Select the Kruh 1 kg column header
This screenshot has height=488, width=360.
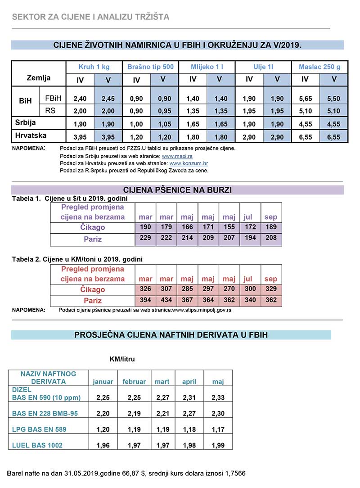coord(94,67)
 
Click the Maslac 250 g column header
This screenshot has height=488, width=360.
coord(319,67)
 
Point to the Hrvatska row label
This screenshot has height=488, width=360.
coord(31,135)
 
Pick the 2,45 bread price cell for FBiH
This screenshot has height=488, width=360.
coord(108,99)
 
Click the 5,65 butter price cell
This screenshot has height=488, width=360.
coord(305,99)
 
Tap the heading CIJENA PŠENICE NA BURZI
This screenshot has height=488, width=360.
coord(177,190)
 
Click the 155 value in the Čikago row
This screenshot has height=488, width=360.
coord(229,227)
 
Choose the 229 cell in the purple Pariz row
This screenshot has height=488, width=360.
coord(145,238)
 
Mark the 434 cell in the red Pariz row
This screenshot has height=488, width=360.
coord(166,300)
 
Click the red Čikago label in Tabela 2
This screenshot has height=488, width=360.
coord(93,289)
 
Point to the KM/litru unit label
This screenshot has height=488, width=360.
coord(122,359)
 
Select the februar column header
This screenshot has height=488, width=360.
coord(134,382)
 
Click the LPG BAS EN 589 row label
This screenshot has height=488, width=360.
coord(39,429)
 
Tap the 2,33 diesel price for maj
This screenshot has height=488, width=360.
coord(218,398)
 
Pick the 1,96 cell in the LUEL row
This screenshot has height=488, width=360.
coord(103,445)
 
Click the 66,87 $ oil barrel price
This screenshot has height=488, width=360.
coord(128,474)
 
